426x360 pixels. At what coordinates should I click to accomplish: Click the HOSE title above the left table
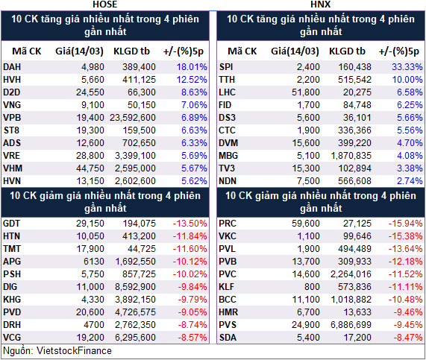(x=105, y=4)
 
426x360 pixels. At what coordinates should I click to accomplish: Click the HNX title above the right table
(x=321, y=4)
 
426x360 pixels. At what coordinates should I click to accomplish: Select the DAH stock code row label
(x=12, y=67)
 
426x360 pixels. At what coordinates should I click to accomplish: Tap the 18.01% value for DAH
(x=192, y=67)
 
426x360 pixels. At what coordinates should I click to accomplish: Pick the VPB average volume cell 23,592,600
(x=133, y=118)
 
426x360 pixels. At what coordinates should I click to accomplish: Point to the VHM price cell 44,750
(x=90, y=168)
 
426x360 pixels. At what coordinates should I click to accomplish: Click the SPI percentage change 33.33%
(x=407, y=67)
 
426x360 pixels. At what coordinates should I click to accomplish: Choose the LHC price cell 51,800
(x=306, y=92)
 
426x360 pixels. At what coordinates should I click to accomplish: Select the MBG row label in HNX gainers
(x=228, y=156)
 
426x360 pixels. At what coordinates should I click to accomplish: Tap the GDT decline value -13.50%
(x=190, y=224)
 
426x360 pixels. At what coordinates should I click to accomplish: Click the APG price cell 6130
(x=94, y=262)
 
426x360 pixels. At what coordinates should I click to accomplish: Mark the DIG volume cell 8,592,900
(x=135, y=287)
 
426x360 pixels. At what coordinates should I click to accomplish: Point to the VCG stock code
(x=12, y=338)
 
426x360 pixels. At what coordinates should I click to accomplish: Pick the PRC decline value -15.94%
(x=405, y=224)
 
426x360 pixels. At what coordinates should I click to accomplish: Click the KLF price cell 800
(x=312, y=287)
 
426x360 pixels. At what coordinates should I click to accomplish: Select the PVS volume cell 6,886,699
(x=351, y=325)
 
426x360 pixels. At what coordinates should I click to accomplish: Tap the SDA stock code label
(x=228, y=338)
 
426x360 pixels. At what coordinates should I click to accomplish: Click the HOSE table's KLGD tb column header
(x=131, y=51)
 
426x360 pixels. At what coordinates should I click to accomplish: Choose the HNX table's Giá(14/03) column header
(x=295, y=51)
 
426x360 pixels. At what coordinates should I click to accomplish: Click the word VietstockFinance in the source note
(x=74, y=351)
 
